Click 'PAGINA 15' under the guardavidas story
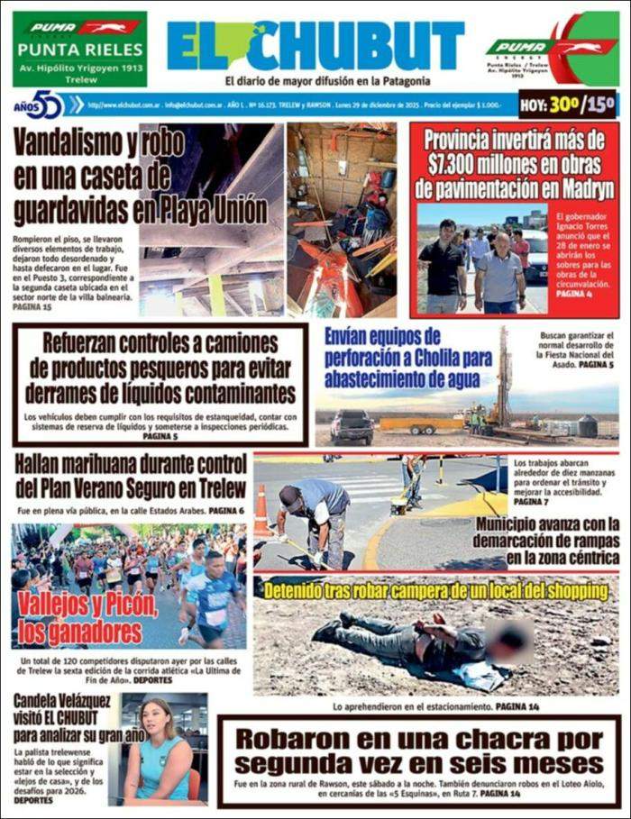(32, 307)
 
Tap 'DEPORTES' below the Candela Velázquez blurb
(32, 799)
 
